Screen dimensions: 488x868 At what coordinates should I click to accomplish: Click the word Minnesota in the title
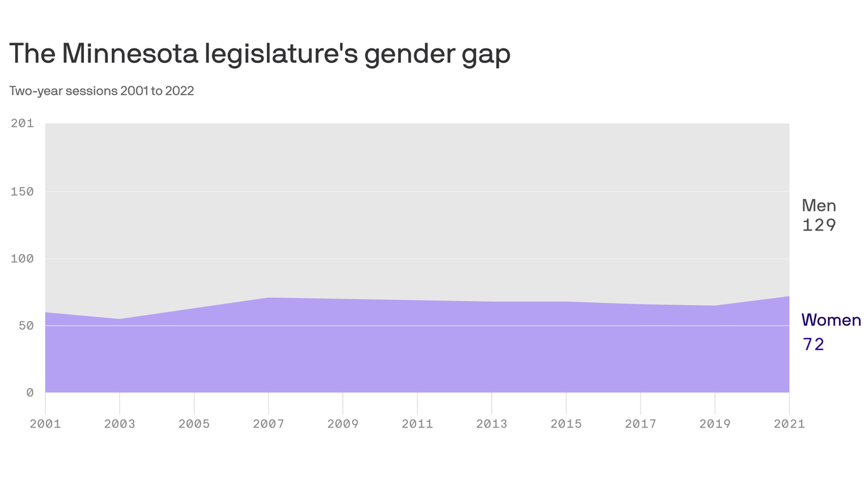tap(129, 54)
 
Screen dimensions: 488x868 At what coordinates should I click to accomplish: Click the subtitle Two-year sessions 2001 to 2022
tap(102, 91)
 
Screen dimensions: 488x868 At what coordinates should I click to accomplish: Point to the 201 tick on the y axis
tap(22, 123)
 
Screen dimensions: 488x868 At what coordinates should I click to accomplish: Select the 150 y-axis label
tap(22, 191)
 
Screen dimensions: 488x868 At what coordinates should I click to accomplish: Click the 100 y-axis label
tap(22, 259)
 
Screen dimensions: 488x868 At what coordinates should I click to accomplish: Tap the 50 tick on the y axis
tap(26, 325)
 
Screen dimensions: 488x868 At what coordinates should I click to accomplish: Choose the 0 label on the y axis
tap(30, 393)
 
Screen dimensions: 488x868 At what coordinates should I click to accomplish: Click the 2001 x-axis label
tap(45, 424)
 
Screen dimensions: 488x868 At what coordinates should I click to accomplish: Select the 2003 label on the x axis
tap(119, 424)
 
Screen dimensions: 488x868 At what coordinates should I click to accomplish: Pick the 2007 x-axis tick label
tap(268, 424)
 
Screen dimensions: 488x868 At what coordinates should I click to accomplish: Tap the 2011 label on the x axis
tap(417, 424)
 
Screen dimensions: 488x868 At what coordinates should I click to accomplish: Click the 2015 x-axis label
tap(566, 424)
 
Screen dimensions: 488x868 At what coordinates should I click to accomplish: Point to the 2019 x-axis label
tap(715, 424)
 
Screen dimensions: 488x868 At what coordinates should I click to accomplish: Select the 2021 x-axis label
tap(789, 424)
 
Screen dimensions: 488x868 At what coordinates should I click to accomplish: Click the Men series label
tap(818, 206)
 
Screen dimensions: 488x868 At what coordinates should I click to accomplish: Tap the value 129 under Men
tap(818, 226)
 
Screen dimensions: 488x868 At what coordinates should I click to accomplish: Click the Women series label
tap(831, 320)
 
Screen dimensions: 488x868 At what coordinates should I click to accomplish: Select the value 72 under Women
tap(813, 344)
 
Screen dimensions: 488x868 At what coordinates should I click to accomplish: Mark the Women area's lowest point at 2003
tap(119, 319)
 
